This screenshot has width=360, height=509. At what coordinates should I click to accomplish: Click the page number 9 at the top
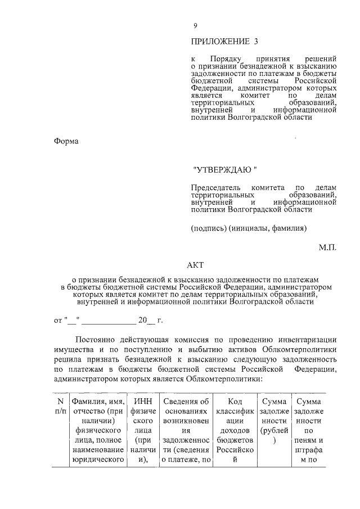coord(195,26)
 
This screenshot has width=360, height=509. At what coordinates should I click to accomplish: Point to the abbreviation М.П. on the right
coord(327,247)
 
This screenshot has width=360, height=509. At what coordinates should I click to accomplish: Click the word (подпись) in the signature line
coord(209,228)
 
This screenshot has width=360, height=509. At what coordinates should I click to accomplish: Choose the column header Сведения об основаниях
coord(186,430)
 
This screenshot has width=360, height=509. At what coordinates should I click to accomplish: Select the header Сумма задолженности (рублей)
coord(272,421)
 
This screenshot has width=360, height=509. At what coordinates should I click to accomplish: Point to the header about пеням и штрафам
coord(308,430)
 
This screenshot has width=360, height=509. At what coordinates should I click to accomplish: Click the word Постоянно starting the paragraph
coord(96,340)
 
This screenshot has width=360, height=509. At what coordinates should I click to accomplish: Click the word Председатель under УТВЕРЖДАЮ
coord(215,187)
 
